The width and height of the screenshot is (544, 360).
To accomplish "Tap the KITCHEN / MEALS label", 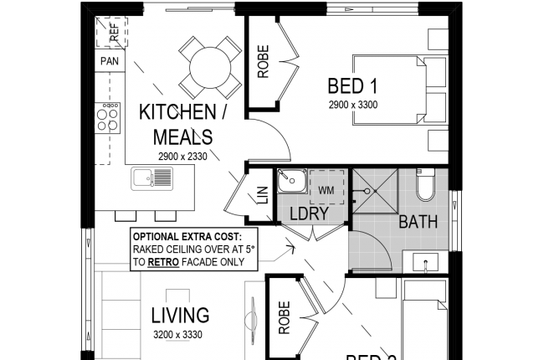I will pyautogui.click(x=176, y=124).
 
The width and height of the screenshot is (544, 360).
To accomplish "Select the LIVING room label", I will pyautogui.click(x=179, y=316).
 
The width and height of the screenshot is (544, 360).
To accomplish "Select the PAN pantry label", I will pyautogui.click(x=109, y=61).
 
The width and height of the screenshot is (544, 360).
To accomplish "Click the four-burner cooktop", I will pyautogui.click(x=108, y=116).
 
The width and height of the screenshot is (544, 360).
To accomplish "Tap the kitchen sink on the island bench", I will pyautogui.click(x=151, y=178).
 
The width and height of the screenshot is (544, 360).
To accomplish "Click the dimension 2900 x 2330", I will pyautogui.click(x=181, y=156).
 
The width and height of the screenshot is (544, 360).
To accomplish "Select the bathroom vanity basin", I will pyautogui.click(x=426, y=262).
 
